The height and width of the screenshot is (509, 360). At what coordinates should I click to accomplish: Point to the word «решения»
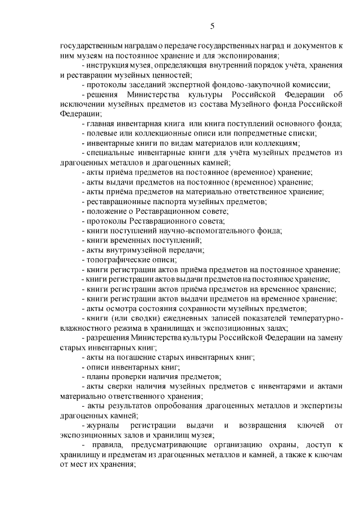103,94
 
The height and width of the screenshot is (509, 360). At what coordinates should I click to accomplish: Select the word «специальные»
110,152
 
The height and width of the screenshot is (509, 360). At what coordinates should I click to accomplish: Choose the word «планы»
97,376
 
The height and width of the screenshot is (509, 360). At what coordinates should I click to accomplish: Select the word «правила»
101,444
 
